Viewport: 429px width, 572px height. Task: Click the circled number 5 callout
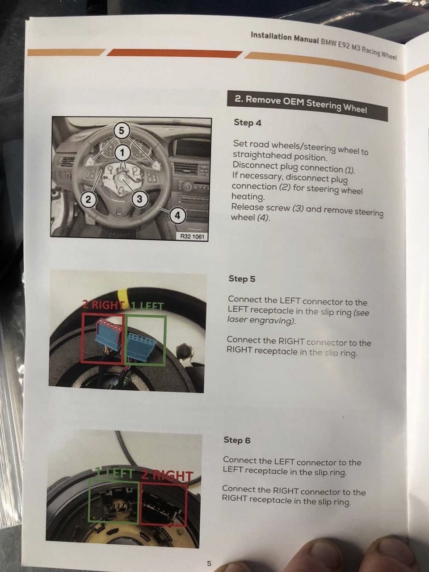coord(121,130)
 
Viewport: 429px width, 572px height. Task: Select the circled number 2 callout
coord(88,200)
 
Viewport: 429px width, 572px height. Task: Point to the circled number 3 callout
coord(140,199)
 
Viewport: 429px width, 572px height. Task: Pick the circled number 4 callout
coord(177,216)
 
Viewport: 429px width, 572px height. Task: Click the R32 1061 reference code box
coord(193,237)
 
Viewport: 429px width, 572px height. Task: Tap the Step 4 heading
coord(247,122)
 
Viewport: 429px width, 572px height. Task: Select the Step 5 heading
coord(242,279)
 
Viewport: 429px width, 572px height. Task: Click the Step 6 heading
coord(237,440)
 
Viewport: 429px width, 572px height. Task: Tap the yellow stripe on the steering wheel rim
coord(122,294)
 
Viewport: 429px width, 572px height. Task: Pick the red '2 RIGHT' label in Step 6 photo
coord(167,476)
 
